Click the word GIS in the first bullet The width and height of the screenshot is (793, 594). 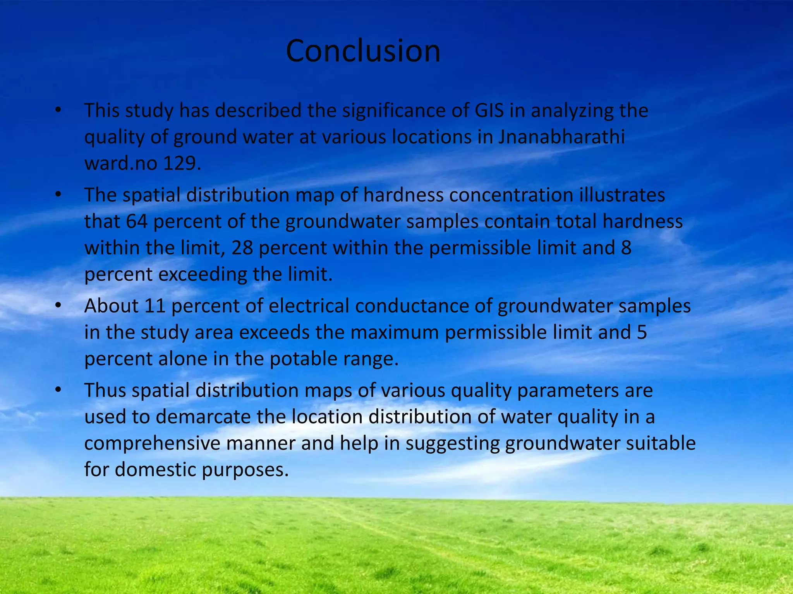(489, 111)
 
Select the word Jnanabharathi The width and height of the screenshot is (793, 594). (561, 137)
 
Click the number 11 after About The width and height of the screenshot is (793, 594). (155, 306)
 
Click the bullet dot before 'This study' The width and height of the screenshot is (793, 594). (58, 111)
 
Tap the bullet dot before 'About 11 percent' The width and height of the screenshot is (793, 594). (58, 306)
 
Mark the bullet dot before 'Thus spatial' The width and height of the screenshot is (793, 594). (58, 390)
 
